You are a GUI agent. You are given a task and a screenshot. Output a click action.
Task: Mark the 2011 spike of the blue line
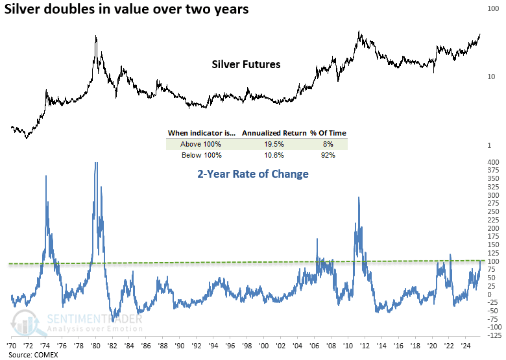coord(358,198)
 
